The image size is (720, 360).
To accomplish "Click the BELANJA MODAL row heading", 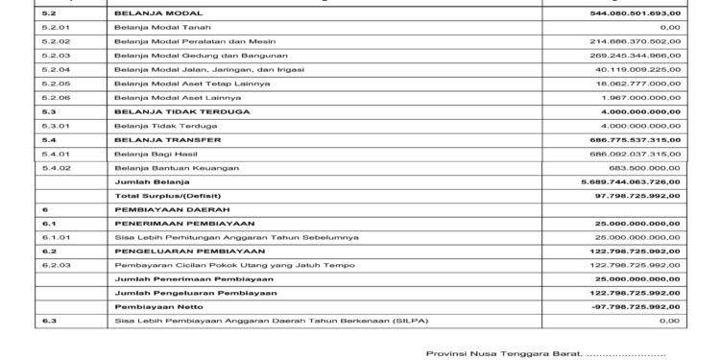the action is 147,14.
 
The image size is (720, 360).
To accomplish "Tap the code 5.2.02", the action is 58,42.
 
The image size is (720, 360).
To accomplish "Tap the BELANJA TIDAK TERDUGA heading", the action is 168,111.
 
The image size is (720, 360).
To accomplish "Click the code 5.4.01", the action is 58,154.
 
